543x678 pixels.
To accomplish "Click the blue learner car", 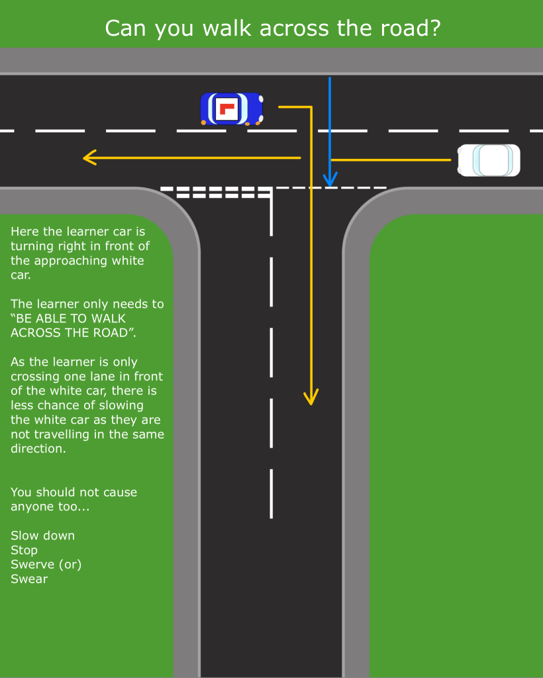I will [x=232, y=109].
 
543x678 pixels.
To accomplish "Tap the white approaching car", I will [x=489, y=160].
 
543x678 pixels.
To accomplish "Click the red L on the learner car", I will [x=228, y=109].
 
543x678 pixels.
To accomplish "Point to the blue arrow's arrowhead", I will [x=330, y=179].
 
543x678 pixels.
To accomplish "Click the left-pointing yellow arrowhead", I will [x=89, y=158].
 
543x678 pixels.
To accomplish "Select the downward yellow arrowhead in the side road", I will [x=311, y=397].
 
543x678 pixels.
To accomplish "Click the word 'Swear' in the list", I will [x=29, y=579].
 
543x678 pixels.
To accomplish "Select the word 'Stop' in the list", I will [x=24, y=550].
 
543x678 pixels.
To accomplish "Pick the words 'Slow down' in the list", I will [x=42, y=535].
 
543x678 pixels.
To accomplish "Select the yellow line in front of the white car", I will [x=391, y=160].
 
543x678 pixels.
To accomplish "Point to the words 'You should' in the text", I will [x=41, y=492].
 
